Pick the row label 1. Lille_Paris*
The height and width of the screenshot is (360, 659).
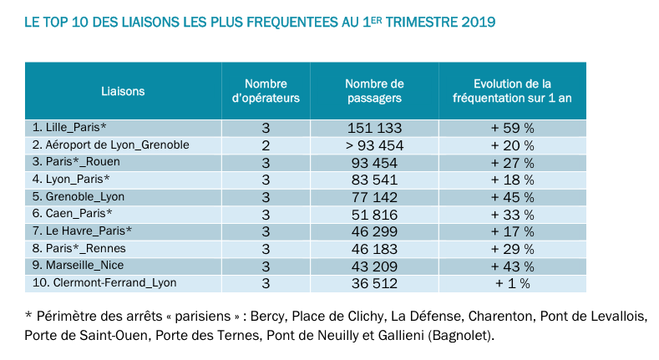69,128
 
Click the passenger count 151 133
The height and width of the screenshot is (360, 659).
374,128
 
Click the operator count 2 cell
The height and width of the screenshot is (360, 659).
266,145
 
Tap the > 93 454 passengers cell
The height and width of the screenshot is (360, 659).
374,145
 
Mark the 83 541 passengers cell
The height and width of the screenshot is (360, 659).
374,180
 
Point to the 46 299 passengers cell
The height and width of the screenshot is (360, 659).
374,231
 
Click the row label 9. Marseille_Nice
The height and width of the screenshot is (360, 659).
78,266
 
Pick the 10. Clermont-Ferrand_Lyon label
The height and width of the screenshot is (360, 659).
104,283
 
